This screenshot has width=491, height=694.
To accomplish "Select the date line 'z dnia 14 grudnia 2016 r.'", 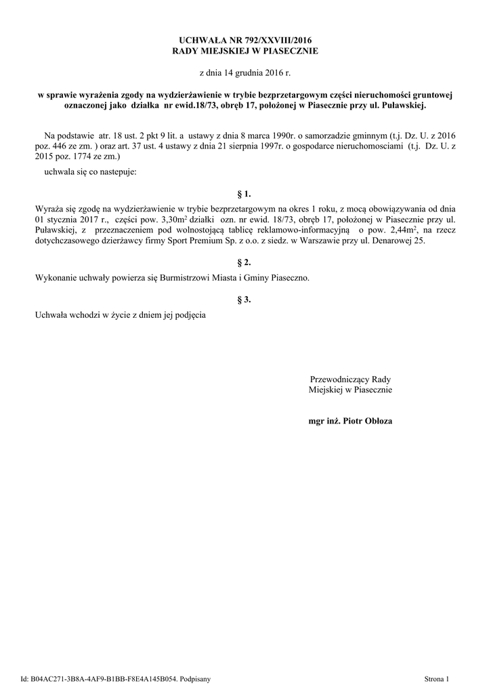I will [x=244, y=71].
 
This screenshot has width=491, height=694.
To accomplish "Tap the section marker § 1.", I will [x=244, y=194].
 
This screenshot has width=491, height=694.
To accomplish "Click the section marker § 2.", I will [x=244, y=262].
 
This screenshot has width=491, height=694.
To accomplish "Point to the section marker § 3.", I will [x=244, y=299].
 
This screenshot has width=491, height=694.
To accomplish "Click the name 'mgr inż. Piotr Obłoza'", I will [x=350, y=421].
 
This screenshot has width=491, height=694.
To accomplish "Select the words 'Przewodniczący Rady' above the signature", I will [x=350, y=379].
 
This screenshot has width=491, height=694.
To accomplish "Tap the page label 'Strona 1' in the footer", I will [x=436, y=677].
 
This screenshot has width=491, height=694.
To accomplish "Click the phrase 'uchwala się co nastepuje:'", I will [x=90, y=172].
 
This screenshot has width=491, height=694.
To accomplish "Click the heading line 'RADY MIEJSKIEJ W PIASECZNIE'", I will [x=244, y=51].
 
